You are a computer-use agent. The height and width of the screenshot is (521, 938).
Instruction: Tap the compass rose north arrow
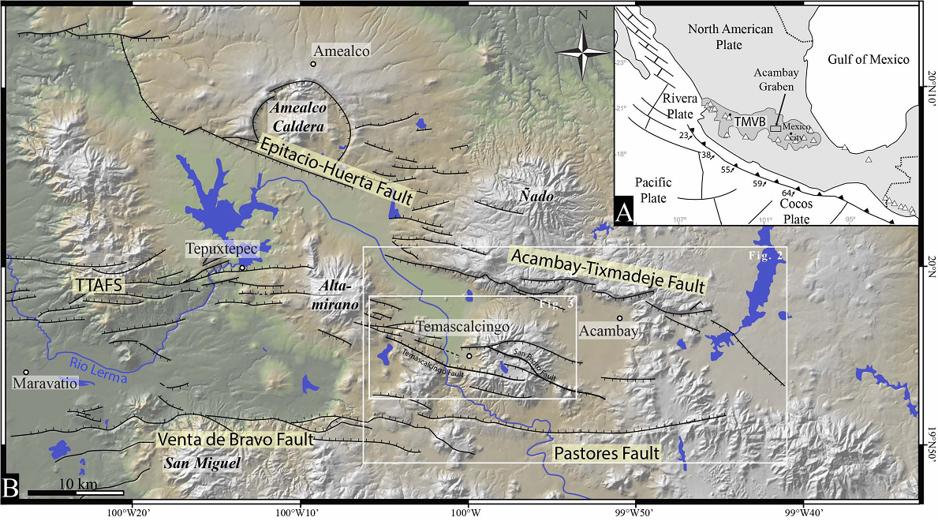click(x=583, y=52)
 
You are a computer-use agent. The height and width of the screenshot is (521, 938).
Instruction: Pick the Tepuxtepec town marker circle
click(x=242, y=268)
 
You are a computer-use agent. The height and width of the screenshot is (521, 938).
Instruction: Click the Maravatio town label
click(x=47, y=385)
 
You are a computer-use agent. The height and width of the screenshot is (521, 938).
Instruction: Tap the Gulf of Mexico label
click(x=869, y=60)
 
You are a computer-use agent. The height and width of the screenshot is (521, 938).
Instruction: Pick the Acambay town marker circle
click(x=620, y=318)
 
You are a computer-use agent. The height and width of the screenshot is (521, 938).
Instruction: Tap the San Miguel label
click(x=200, y=463)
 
